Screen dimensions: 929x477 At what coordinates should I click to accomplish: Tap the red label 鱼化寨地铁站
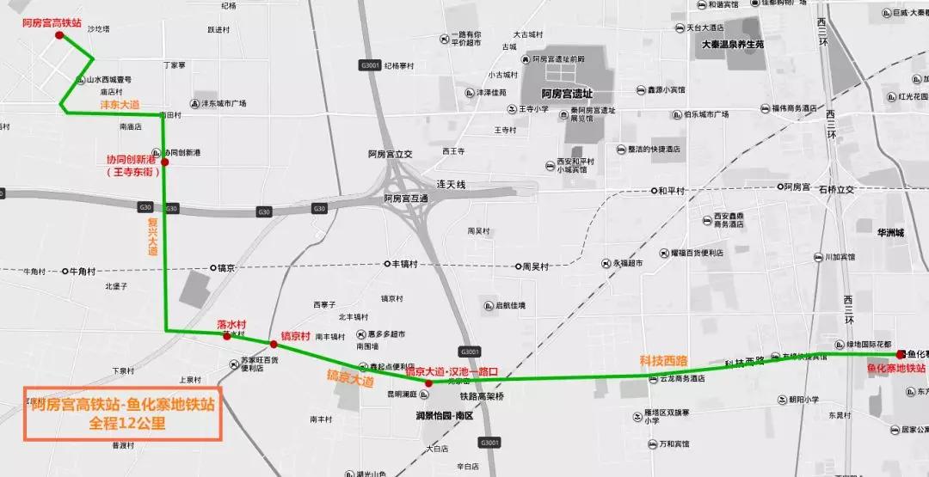coord(896,368)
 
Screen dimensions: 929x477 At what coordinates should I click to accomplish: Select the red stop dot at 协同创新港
coord(165,162)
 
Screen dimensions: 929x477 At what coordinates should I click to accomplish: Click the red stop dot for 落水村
coord(227,336)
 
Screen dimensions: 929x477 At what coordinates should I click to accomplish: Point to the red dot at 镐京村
coord(274,344)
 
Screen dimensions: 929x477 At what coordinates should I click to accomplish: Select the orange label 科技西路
coord(664,359)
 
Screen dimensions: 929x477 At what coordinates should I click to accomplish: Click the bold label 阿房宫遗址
coord(568,94)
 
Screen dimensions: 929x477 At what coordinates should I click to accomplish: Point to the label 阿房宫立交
coord(391,155)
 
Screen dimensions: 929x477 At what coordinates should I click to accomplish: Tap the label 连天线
coord(451,185)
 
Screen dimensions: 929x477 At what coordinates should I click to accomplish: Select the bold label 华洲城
coord(886,233)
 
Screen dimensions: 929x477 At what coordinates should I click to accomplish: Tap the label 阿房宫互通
coord(406,198)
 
